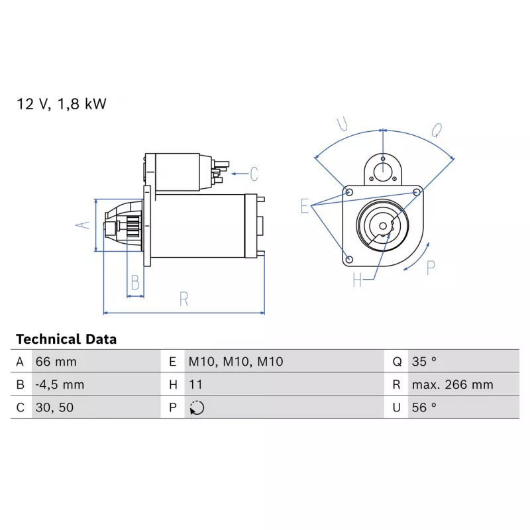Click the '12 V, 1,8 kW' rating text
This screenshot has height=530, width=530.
coord(61,104)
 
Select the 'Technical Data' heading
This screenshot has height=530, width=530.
coord(66,339)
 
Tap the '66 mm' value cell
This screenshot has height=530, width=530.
coord(56,362)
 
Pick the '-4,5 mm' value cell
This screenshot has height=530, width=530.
coord(59,384)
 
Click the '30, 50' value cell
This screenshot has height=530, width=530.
coord(54,407)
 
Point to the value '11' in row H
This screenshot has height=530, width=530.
coord(195,384)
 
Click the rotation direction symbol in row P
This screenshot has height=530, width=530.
coord(197,407)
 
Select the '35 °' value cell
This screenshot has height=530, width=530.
coord(424,362)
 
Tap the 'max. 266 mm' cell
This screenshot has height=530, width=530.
coord(452,384)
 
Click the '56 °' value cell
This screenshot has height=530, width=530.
coord(424,407)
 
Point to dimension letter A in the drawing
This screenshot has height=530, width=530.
coord(81,225)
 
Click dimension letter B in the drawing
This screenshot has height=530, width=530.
coord(135,283)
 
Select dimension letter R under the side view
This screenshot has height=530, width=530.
coord(184,299)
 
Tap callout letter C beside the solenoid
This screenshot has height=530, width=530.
coord(254,174)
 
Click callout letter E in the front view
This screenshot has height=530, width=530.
coord(305,206)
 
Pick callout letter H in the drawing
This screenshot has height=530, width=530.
coord(358,280)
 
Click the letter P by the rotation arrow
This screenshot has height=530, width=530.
coord(431,268)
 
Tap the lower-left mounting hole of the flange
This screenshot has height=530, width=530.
coord(350,258)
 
